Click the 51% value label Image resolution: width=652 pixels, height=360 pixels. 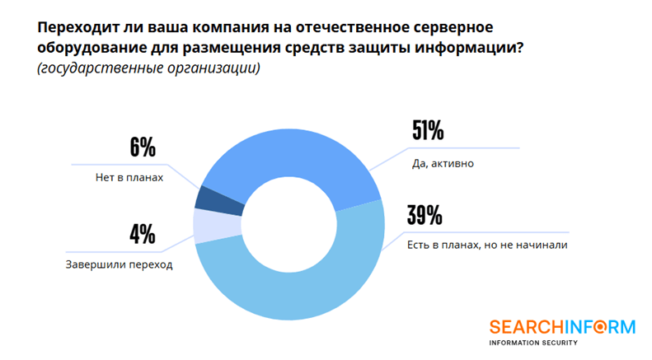tap(427, 133)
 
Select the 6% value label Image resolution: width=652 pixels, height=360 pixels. tap(142, 148)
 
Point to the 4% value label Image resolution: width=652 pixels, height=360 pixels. tap(142, 235)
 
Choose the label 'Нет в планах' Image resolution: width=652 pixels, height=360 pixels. tap(124, 177)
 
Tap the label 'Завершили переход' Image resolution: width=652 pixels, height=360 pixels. tap(120, 264)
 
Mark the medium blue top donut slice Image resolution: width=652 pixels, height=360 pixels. tap(288, 148)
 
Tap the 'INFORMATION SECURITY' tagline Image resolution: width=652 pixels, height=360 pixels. tap(532, 343)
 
